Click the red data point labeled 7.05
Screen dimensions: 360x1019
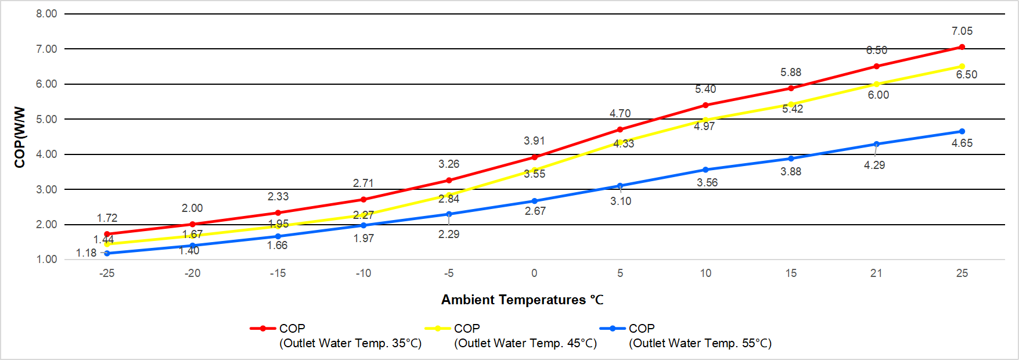tap(962, 47)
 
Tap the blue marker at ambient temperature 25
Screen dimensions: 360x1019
tap(962, 131)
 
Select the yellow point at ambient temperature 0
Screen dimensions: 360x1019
tap(534, 170)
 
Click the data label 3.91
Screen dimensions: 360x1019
tap(534, 141)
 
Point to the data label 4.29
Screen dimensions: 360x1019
tap(874, 165)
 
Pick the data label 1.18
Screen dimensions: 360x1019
tap(87, 253)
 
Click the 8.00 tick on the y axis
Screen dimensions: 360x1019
tap(46, 14)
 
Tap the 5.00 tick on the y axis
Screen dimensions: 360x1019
tap(46, 120)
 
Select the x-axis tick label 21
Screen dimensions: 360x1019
tap(876, 273)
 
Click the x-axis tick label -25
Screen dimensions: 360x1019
tap(107, 273)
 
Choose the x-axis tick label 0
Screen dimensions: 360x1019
tap(534, 273)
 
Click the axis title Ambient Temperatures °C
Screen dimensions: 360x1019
tap(522, 300)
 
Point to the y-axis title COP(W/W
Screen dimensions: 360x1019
tap(20, 137)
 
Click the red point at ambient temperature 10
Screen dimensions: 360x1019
tap(705, 105)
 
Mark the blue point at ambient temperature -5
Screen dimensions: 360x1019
tap(449, 214)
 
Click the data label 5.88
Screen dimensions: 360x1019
tap(791, 73)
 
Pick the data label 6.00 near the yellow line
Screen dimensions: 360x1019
tap(878, 95)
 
